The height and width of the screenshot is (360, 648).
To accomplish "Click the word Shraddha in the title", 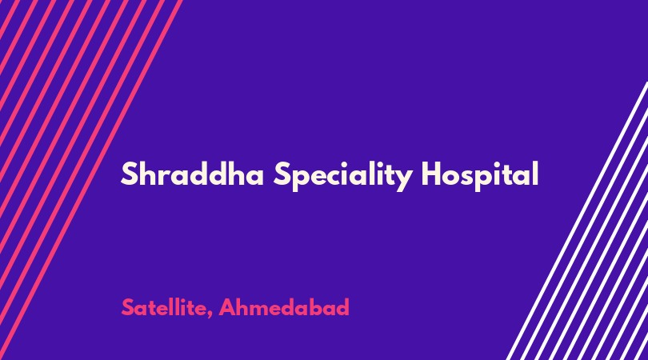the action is click(192, 174).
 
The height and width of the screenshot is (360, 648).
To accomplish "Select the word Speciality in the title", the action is click(342, 176).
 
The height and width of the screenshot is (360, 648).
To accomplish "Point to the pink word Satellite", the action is click(164, 307).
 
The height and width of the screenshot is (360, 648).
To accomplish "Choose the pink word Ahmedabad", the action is click(284, 307).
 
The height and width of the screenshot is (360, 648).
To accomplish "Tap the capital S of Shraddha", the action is click(129, 174).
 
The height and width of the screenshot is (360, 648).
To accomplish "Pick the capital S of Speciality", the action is click(281, 174).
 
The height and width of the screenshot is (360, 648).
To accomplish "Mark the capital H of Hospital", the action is click(431, 174).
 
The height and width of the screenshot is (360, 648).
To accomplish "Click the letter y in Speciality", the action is click(403, 180).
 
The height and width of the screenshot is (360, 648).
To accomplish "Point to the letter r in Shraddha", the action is click(169, 177).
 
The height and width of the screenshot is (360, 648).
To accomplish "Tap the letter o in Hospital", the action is click(454, 177).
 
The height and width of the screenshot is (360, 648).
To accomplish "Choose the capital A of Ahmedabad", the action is click(227, 307).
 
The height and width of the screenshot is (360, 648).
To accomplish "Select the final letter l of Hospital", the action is click(535, 174).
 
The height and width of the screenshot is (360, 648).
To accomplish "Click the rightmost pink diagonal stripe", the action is click(90, 180).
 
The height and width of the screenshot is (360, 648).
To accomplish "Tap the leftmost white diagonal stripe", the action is click(578, 220).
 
